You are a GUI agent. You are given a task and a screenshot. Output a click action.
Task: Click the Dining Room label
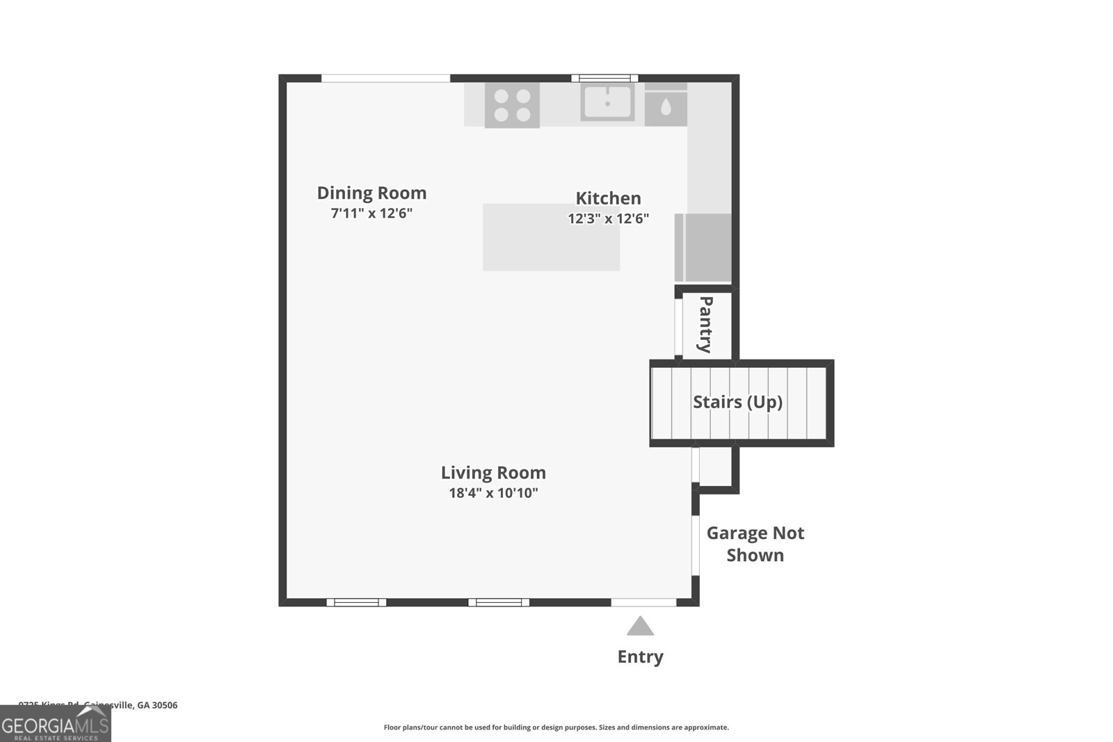(371, 193)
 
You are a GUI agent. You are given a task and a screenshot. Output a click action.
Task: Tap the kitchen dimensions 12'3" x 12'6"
(608, 218)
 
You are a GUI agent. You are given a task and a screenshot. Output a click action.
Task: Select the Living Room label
(493, 473)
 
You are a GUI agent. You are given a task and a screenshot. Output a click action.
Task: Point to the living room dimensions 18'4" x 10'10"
(493, 493)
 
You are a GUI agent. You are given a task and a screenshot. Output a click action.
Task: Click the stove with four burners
(512, 106)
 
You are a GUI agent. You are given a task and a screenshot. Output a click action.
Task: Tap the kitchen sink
(607, 102)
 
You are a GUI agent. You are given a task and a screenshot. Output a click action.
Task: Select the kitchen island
(551, 237)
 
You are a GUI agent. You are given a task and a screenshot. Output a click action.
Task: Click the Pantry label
(705, 325)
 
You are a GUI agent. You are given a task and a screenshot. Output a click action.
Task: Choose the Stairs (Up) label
(737, 402)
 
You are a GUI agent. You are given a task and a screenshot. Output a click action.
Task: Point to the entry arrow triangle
(640, 627)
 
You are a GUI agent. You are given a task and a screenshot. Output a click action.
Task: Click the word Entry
(640, 656)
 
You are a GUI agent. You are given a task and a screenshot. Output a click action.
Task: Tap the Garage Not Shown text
(755, 544)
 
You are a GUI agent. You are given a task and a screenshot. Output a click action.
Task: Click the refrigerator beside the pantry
(704, 247)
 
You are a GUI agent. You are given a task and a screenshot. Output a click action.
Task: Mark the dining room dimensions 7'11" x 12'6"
(371, 213)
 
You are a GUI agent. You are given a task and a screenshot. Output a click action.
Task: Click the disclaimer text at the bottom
(556, 727)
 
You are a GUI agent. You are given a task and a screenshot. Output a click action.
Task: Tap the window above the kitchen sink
(604, 78)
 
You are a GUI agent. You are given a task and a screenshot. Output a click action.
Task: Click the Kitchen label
(608, 198)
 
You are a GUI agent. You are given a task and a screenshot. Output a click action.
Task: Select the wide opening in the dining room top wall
(385, 78)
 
